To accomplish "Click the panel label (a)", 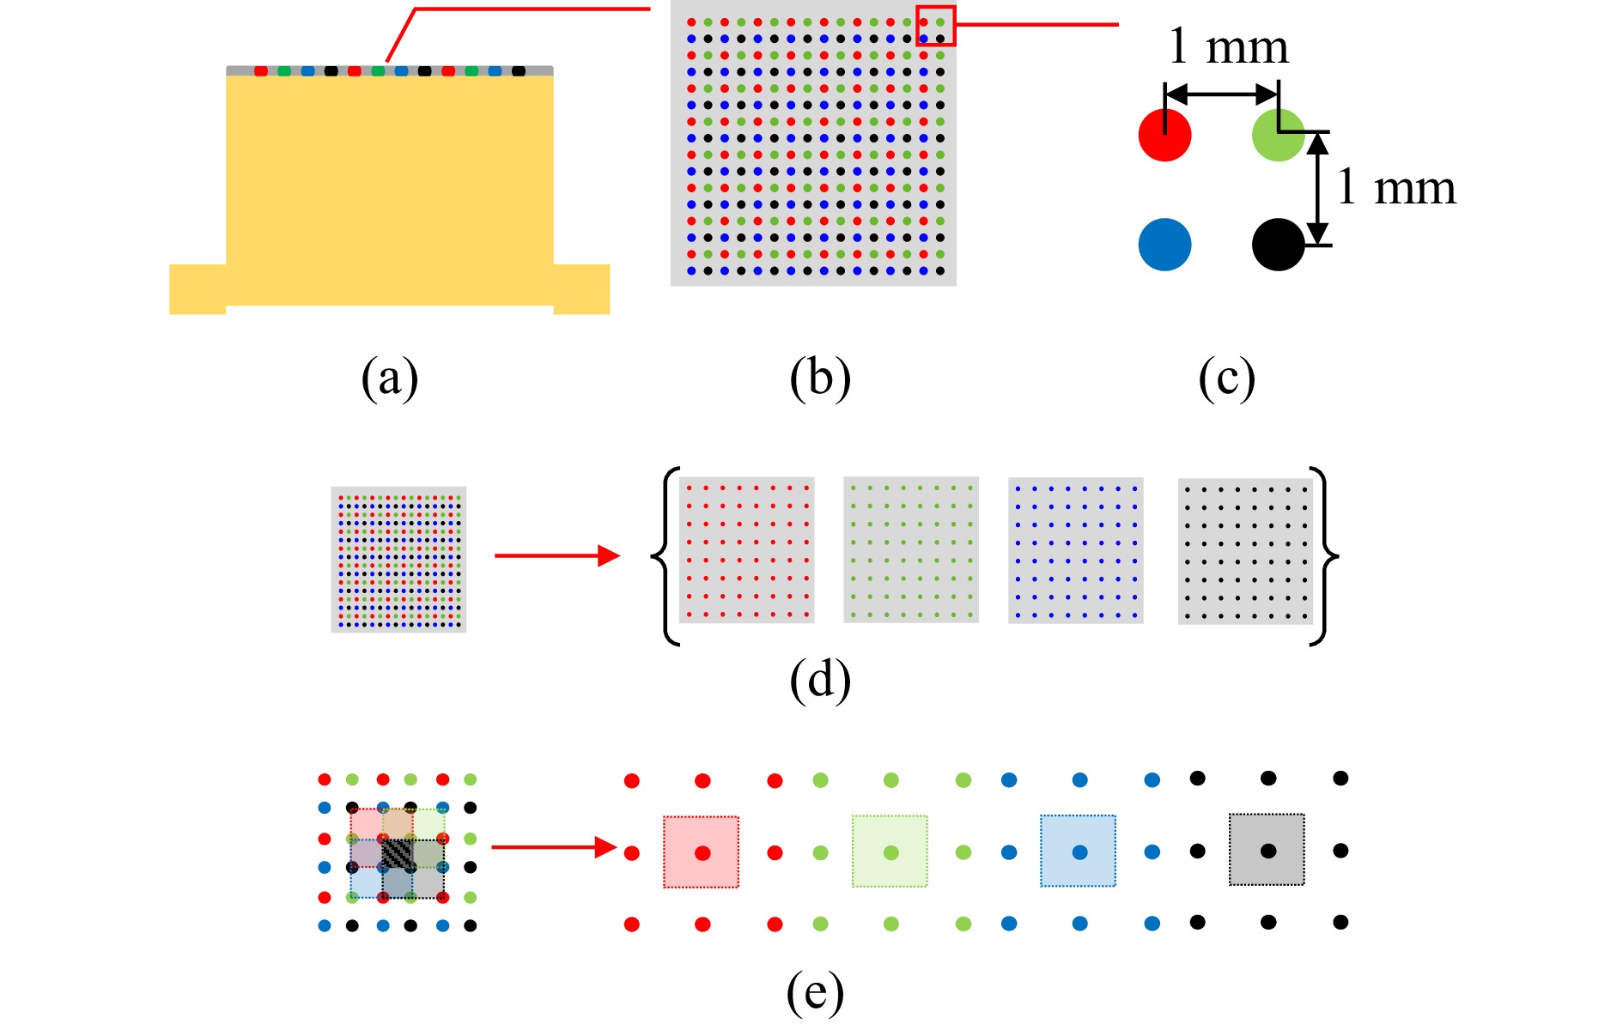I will [x=389, y=379].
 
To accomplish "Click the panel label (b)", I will [x=820, y=379].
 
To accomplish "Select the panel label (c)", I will [x=1226, y=379].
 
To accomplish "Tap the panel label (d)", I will [x=820, y=680].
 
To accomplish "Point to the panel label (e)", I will [x=815, y=992].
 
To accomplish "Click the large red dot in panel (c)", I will [x=1164, y=135].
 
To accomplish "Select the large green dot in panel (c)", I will [x=1278, y=135].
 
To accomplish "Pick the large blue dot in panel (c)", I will [x=1164, y=245].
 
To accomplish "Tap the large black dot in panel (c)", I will [x=1278, y=245].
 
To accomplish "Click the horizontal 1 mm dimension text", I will [x=1228, y=47].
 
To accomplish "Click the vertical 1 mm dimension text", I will [x=1396, y=188].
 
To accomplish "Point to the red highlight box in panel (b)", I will [x=935, y=26].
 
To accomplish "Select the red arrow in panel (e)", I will [x=554, y=848].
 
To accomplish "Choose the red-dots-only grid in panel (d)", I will [x=746, y=550].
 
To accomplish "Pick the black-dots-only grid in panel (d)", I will [x=1245, y=551].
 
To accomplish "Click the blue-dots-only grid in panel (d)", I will [x=1075, y=550].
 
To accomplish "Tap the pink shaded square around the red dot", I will [x=701, y=851].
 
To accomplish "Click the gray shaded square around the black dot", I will [x=1267, y=850].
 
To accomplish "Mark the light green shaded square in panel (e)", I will [x=890, y=851].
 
